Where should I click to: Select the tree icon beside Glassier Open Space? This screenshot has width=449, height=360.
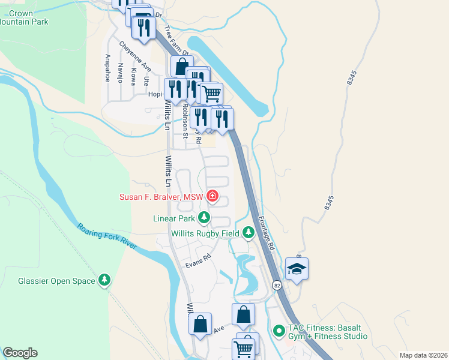[x=104, y=280]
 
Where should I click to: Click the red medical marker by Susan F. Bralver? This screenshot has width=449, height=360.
[x=211, y=196]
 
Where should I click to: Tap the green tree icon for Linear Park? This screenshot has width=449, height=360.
[x=205, y=217]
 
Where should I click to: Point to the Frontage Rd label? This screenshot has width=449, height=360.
[x=267, y=233]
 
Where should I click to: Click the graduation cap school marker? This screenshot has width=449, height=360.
[x=297, y=269]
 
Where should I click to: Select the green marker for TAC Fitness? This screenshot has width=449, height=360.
[x=279, y=331]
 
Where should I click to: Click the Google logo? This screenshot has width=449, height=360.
[x=20, y=353]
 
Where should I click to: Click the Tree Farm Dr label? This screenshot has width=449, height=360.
[x=176, y=40]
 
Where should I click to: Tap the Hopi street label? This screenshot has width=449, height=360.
[x=155, y=94]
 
